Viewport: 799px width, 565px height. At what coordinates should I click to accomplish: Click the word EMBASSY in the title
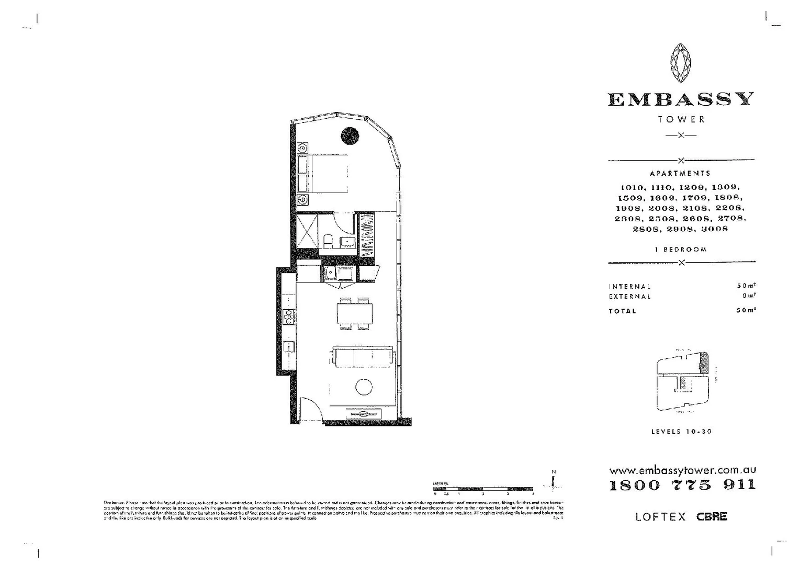tap(681, 99)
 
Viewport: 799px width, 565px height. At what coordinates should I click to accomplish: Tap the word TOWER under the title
tap(681, 119)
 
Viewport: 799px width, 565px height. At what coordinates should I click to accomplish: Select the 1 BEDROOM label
tap(681, 250)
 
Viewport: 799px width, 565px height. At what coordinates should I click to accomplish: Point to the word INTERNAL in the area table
tap(630, 287)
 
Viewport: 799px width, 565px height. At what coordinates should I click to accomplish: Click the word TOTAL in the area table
tap(623, 311)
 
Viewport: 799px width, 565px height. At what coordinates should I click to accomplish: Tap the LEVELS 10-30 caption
tap(681, 432)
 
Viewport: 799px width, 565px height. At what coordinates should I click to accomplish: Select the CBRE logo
tap(712, 516)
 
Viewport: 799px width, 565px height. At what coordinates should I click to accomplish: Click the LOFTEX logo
tap(660, 517)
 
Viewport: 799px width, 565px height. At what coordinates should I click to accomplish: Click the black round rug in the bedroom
tap(350, 136)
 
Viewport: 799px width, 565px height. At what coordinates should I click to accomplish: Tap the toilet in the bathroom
tap(328, 241)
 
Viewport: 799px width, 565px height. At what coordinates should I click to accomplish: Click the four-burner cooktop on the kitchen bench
tap(289, 315)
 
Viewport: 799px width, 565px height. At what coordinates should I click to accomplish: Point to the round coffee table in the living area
tap(364, 387)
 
